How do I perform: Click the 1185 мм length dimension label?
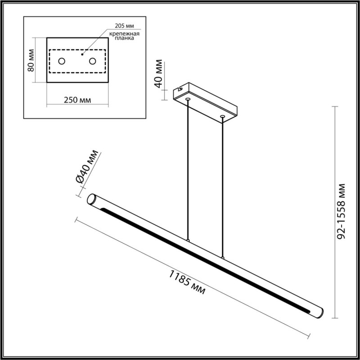(187, 281)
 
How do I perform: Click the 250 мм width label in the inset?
(76, 100)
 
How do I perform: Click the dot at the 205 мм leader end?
(82, 54)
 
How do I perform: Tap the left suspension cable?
(188, 171)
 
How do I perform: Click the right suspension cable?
(222, 189)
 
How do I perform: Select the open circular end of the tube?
(91, 199)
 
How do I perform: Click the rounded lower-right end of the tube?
(318, 312)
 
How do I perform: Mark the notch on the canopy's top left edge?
(181, 86)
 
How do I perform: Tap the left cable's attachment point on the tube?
(189, 240)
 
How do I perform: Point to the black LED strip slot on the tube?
(202, 256)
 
